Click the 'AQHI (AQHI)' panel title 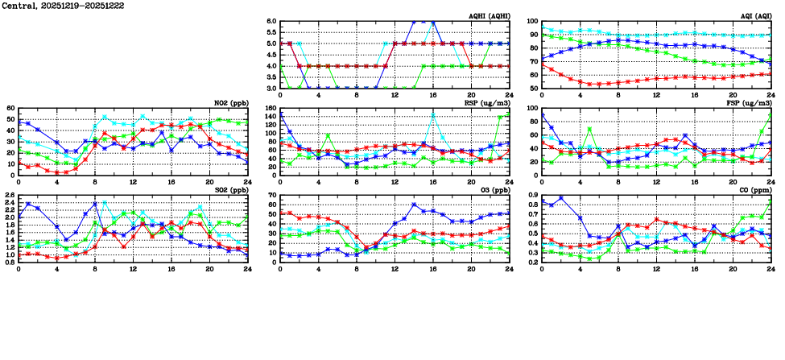488,16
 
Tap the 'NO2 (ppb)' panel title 232,103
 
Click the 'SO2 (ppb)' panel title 232,190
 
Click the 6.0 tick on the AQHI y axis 271,22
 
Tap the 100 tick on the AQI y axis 533,22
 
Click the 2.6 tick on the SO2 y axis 9,196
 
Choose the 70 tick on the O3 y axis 271,196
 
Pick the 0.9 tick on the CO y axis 533,196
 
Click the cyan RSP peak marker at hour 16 433,115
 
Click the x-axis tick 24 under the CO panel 771,267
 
